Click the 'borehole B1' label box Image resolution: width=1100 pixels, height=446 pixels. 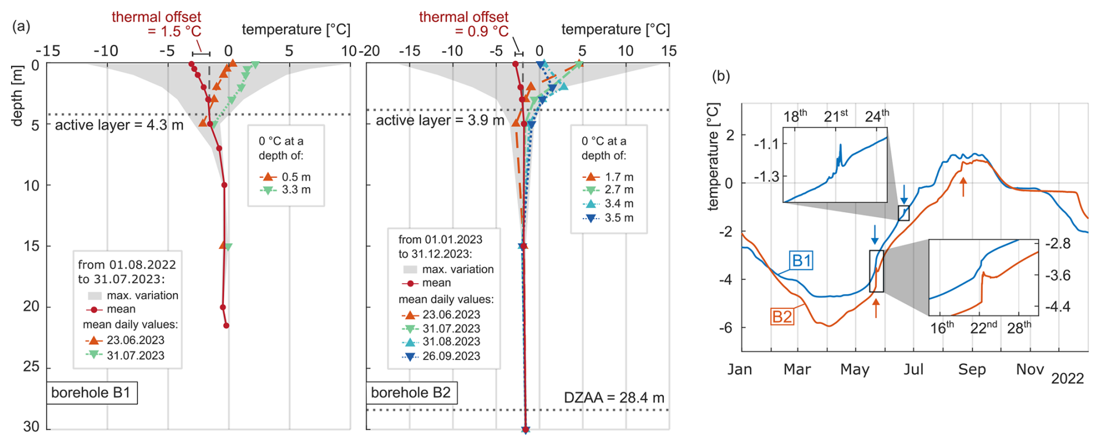91,393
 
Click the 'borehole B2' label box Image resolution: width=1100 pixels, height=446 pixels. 411,393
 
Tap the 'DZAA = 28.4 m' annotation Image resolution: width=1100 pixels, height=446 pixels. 614,398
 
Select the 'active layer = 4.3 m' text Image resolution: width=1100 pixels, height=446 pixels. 119,125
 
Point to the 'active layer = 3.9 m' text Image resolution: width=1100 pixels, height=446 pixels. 440,120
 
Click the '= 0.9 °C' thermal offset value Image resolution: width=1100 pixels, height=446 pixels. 481,31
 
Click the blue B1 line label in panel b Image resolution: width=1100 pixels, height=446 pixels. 801,261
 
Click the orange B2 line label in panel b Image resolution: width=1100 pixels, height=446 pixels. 782,317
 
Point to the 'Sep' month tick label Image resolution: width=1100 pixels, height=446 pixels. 972,370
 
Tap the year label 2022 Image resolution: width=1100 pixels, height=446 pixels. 1067,379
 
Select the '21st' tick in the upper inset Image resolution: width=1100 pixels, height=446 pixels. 836,116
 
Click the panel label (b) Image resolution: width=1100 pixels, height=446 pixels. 721,76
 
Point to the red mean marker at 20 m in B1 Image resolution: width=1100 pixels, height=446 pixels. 223,307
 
